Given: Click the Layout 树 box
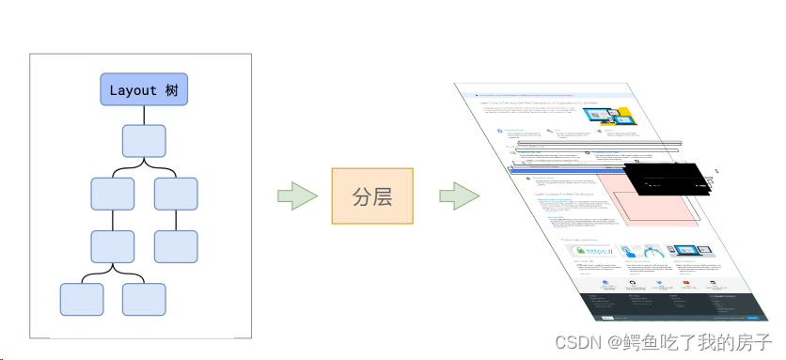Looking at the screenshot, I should pos(144,89).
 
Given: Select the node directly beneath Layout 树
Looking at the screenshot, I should pos(144,141).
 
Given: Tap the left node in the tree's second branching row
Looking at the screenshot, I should pos(113,193).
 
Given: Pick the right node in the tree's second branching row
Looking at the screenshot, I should pos(176,193).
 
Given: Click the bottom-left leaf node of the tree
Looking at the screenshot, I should pos(82,299).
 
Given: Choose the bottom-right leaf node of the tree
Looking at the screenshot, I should pos(144,299).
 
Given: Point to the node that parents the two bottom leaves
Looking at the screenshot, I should pos(113,245).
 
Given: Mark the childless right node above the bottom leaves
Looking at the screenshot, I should pos(176,245).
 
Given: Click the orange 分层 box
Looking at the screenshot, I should pos(372,196).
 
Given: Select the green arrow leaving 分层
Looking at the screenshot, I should pos(459,196).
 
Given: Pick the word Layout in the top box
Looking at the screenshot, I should pos(133,90).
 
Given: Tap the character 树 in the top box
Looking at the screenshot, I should pos(173,90).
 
